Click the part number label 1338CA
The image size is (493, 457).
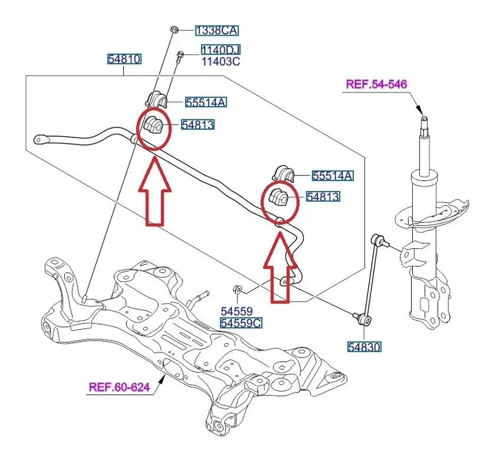[217, 31]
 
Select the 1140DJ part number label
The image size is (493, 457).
[221, 50]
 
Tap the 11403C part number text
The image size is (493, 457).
[221, 61]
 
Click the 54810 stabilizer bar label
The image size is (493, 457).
[124, 59]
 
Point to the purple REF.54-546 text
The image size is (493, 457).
[377, 84]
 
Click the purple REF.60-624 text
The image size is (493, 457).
[119, 387]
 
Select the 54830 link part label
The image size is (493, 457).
[364, 347]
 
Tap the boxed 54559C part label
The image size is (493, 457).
[240, 323]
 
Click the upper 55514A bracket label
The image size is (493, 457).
[205, 102]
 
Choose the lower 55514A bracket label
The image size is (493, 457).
[332, 176]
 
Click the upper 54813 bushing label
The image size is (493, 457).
[198, 125]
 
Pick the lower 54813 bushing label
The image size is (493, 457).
[323, 196]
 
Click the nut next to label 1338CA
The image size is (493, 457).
[174, 30]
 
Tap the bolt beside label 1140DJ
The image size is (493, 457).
[179, 57]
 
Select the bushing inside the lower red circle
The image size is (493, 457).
[279, 196]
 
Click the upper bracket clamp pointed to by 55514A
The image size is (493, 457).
[157, 99]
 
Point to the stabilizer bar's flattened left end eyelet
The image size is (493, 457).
[41, 139]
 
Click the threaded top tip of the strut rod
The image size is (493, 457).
[425, 118]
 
